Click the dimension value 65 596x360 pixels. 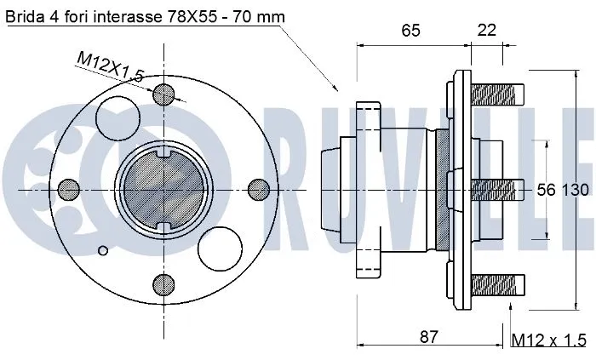[410, 31]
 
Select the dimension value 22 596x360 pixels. [487, 31]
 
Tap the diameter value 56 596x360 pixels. [545, 190]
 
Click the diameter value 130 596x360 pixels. [574, 190]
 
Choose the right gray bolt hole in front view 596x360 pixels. [257, 188]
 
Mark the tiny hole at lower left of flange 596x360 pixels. [104, 249]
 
